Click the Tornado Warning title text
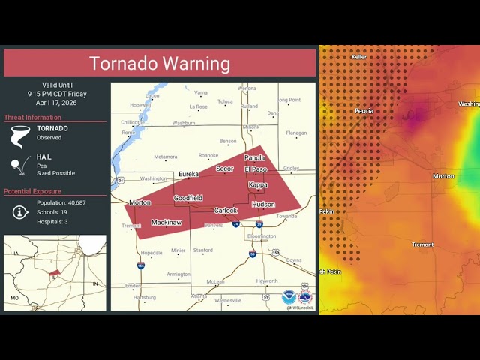point(160,64)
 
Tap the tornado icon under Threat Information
point(19,136)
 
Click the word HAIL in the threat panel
point(45,157)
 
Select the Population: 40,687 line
point(61,203)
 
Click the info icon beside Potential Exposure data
point(21,212)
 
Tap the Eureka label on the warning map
point(188,174)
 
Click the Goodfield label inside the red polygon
point(188,198)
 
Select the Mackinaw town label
point(166,222)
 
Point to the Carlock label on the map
point(226,211)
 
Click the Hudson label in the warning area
point(263,204)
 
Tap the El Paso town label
point(256,169)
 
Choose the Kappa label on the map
point(257,184)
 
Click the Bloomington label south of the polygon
point(262,236)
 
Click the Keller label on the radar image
point(359,57)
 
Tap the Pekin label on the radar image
point(327,211)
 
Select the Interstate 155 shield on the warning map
point(140,265)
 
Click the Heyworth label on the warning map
point(266,280)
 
